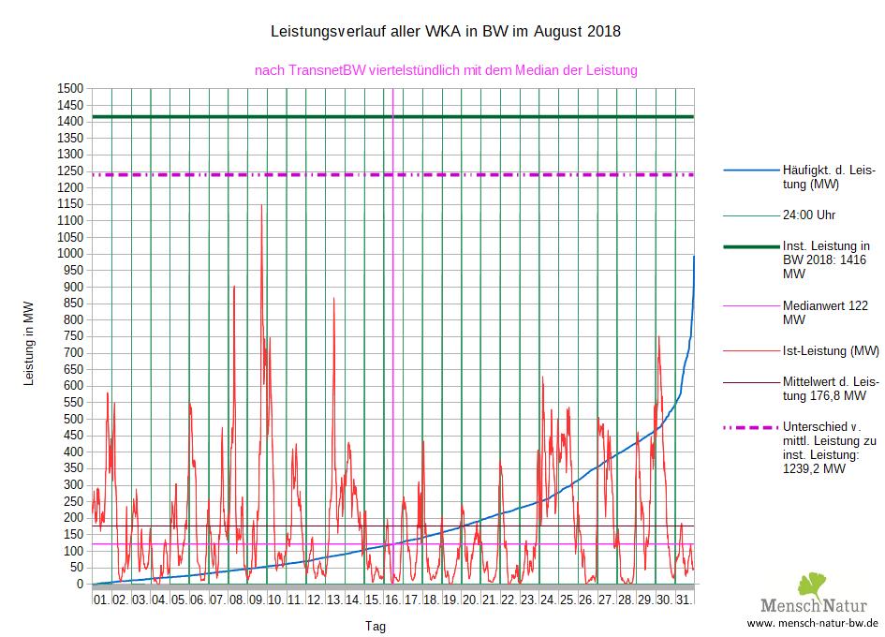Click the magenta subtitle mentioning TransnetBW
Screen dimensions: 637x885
coord(446,69)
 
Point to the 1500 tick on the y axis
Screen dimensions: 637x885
coord(71,88)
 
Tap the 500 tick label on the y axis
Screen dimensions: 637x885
coord(74,419)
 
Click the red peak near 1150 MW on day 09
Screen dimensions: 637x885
coord(261,205)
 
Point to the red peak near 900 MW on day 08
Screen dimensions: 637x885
coord(234,287)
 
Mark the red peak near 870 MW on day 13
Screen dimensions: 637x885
coord(333,298)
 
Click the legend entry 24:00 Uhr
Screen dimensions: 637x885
coord(809,215)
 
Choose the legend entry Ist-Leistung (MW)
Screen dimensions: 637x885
coord(830,351)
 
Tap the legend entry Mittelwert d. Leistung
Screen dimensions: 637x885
coord(830,389)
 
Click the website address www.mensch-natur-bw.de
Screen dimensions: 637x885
coord(813,623)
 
